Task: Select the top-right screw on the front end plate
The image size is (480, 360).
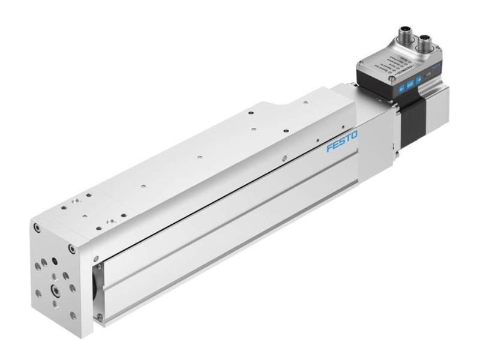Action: click(72, 248)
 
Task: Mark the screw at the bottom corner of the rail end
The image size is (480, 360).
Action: click(100, 316)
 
